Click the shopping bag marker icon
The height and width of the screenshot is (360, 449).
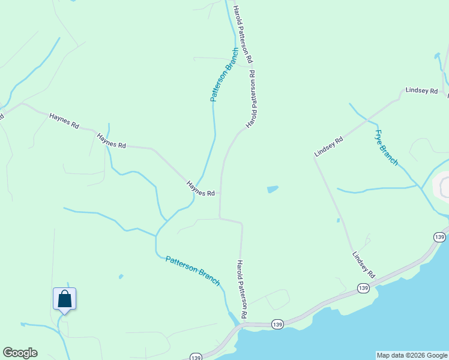pos(64,299)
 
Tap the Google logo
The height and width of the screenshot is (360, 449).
pos(20,353)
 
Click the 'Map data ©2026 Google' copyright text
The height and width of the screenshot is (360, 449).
pos(412,355)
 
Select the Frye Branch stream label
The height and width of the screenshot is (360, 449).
pos(386,148)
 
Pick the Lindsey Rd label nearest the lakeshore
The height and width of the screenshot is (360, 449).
pos(364,265)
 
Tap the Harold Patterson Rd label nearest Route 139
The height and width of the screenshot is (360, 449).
pos(242,289)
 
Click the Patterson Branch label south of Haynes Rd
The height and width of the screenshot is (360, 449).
pos(193,271)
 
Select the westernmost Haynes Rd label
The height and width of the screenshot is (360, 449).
pos(64,122)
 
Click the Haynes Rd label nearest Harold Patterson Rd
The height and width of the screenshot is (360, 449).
pos(200,189)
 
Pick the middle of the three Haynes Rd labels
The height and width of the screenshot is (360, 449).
pos(112,142)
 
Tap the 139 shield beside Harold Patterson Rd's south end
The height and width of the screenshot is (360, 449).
pos(277,324)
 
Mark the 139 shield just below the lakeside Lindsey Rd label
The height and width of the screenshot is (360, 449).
pos(363,289)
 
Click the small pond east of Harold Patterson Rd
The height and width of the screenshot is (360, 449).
pos(273,190)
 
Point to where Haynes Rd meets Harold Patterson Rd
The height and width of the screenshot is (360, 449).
pos(220,193)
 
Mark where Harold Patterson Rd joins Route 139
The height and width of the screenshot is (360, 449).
pos(242,325)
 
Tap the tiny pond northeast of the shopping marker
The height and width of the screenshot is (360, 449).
pos(121,277)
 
